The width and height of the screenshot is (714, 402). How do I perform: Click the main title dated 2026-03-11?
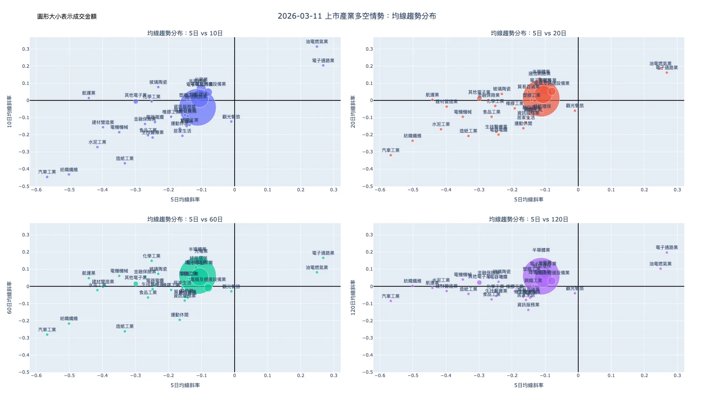point(357,16)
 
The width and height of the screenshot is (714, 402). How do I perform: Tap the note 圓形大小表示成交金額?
point(67,16)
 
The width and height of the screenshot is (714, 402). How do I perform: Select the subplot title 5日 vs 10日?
point(185,33)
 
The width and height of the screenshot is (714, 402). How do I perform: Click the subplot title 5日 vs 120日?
point(528,219)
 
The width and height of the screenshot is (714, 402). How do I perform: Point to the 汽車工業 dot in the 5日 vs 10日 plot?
point(47,177)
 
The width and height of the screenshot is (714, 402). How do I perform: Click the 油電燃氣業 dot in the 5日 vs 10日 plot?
point(317,47)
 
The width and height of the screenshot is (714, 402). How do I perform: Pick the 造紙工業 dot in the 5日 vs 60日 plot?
point(125,331)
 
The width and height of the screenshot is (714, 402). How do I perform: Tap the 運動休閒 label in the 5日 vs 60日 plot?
point(180,315)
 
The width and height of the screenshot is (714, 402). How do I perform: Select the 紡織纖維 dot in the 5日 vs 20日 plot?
point(412,141)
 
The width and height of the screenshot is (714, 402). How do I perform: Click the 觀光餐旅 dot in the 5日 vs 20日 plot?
point(575,111)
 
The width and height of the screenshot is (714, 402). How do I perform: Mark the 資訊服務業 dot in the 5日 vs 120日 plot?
point(528,310)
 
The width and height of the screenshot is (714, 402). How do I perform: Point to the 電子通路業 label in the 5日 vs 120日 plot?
point(667,248)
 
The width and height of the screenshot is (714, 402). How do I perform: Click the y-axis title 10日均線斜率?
point(10,112)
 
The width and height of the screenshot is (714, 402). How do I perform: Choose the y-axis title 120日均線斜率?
point(353,298)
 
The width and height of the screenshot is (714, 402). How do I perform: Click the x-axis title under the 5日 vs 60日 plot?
point(185,385)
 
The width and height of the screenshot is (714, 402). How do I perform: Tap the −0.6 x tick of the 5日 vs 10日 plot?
point(36,190)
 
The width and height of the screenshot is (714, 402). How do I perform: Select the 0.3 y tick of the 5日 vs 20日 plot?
point(369,49)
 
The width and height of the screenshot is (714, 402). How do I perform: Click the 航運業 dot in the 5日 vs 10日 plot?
point(89,98)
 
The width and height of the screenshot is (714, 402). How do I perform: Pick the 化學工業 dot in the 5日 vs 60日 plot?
point(151,261)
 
